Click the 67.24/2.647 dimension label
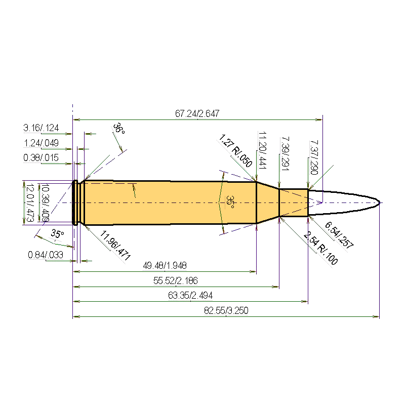point(197,114)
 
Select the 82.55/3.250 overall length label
point(226,311)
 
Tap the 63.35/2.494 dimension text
point(190,296)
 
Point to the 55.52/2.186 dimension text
point(176,280)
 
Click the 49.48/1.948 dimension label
point(165,266)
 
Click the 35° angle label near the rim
point(57,234)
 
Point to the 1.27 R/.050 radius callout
point(235,151)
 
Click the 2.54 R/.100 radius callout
point(320,248)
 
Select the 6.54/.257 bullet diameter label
point(339,235)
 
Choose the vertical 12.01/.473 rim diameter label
point(29,202)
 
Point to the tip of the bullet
point(379,203)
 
